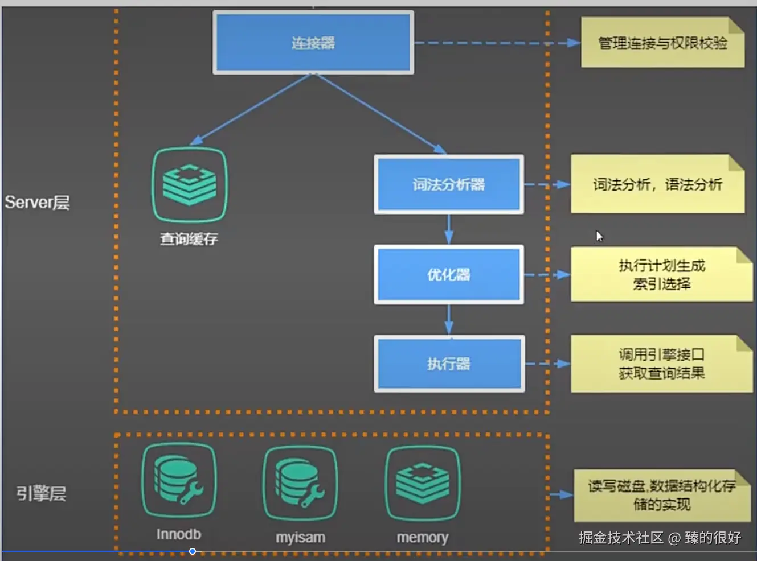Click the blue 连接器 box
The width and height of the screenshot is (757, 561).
(x=313, y=43)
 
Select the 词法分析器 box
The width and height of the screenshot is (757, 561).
(x=448, y=184)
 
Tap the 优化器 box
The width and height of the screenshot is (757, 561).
(x=448, y=274)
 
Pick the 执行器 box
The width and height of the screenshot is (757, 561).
(x=448, y=364)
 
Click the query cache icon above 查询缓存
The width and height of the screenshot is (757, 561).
(x=190, y=184)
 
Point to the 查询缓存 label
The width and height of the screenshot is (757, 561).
(x=189, y=239)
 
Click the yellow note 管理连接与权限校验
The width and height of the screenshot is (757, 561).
(x=662, y=43)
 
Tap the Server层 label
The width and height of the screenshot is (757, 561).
(x=37, y=202)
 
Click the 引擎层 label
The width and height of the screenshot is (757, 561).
(x=41, y=493)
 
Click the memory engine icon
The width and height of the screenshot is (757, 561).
(x=422, y=483)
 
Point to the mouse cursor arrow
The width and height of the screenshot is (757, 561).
(x=599, y=236)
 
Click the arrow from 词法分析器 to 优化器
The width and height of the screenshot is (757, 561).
(x=448, y=229)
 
